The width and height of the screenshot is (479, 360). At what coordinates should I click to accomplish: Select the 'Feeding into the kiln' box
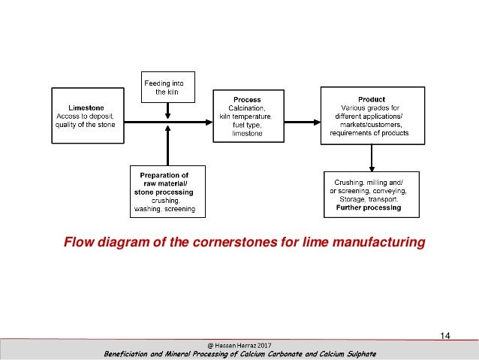[x=167, y=86]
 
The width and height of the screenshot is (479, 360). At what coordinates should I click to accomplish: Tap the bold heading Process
[x=247, y=99]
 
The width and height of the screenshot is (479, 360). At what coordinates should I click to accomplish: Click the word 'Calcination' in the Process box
[x=247, y=107]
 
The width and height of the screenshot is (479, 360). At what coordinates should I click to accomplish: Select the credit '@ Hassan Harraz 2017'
[x=239, y=345]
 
